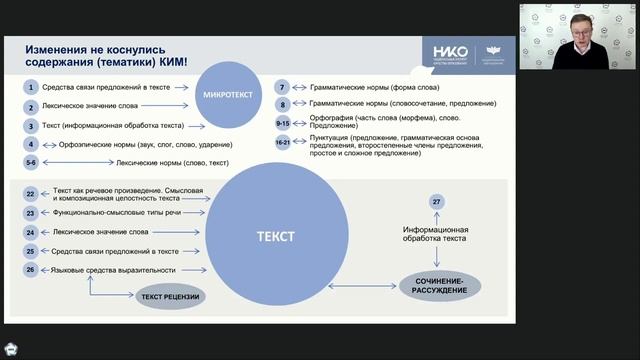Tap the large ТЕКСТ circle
point(275,237)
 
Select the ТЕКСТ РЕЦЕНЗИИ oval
point(171,296)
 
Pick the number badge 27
point(436,203)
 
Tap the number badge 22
point(31,194)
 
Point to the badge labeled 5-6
point(31,161)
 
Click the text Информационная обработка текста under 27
point(436,234)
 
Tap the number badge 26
point(31,270)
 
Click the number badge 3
point(31,126)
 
